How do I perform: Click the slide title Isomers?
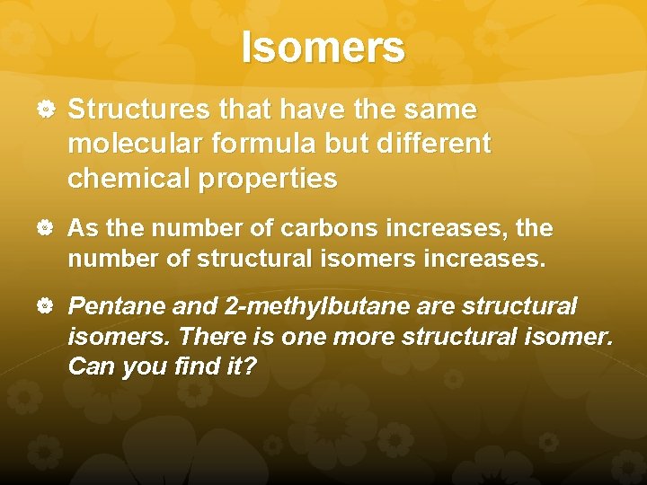coord(323,47)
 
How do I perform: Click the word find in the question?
coord(181,367)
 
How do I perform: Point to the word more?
coord(359,337)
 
